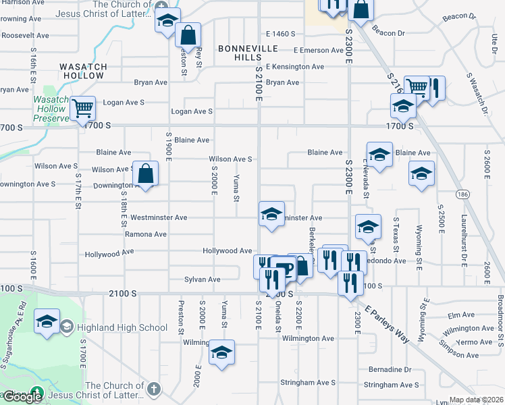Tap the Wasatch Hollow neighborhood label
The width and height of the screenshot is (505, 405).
[83, 71]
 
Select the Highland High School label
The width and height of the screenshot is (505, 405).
[122, 328]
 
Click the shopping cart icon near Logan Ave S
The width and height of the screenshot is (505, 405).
[83, 107]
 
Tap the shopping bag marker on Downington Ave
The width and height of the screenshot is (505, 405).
[146, 174]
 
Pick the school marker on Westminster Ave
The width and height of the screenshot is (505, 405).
[271, 215]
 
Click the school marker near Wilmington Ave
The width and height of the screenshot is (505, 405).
[221, 352]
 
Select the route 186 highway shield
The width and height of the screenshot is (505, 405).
[460, 194]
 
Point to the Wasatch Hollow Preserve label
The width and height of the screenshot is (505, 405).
[51, 109]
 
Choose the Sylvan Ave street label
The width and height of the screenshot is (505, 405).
[203, 279]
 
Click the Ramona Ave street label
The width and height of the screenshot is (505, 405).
[146, 234]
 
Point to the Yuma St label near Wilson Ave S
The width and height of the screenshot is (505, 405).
[236, 188]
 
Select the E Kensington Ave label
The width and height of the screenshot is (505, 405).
[295, 67]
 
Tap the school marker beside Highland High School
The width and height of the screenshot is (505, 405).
[47, 322]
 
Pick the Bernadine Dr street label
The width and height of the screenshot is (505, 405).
[390, 370]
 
